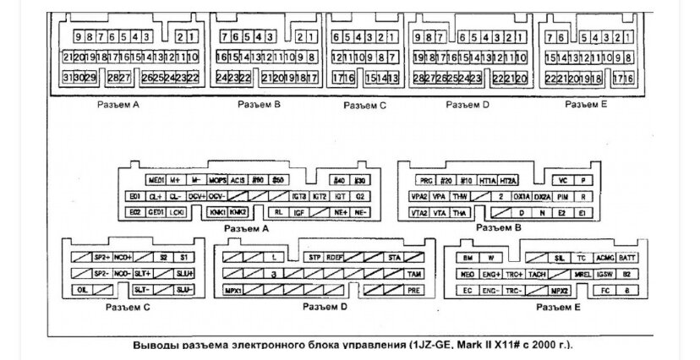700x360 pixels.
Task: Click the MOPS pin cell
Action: click(x=217, y=181)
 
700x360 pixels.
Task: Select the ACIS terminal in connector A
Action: click(x=238, y=181)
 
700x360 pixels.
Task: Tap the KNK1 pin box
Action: click(x=217, y=212)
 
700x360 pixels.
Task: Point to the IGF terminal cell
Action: click(x=298, y=212)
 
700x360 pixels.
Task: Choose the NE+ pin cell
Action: click(x=341, y=212)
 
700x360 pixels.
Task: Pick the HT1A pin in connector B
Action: click(x=487, y=181)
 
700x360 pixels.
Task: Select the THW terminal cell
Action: click(x=460, y=196)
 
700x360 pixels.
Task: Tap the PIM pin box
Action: click(x=562, y=196)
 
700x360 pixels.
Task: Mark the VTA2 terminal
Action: click(x=419, y=212)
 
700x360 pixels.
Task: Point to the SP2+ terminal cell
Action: click(x=101, y=256)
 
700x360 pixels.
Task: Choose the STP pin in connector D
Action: click(x=314, y=256)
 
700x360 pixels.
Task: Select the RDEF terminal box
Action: click(x=336, y=256)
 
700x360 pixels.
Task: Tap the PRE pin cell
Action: click(x=413, y=290)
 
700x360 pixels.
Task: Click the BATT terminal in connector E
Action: click(x=626, y=257)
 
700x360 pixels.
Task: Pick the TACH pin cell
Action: click(x=536, y=274)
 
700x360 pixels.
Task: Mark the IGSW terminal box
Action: click(x=605, y=274)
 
